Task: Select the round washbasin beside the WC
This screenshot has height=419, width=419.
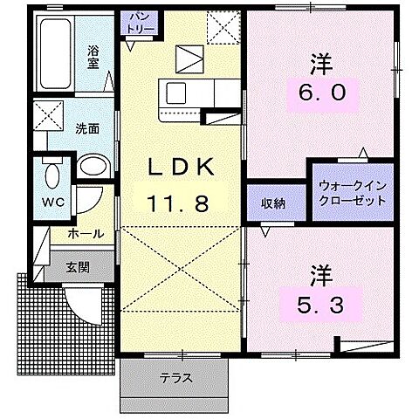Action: coord(91,167)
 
